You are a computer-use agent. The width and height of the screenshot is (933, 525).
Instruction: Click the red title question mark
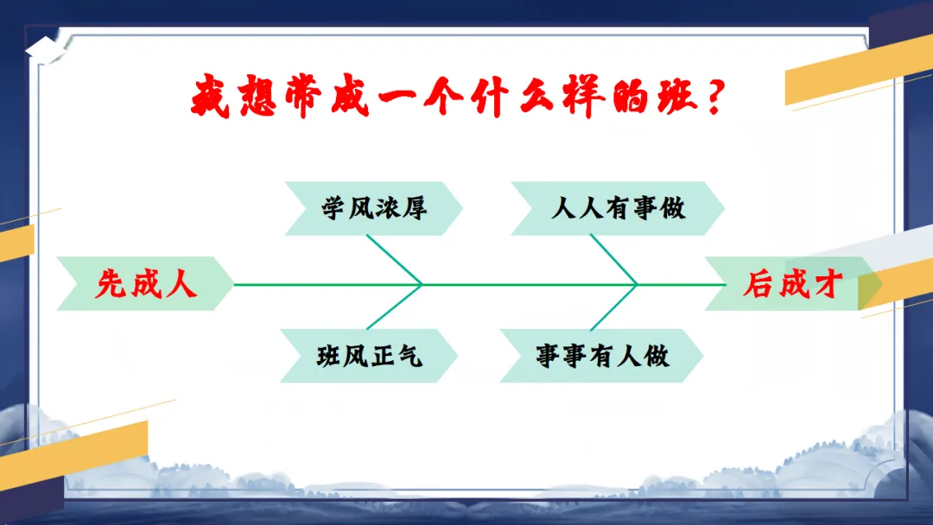(714, 97)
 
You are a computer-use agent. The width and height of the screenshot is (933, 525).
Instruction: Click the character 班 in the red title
(676, 96)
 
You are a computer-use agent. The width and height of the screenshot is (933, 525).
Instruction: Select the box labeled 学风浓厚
(373, 208)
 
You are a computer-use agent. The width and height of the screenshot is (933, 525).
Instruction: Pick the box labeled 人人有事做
(617, 208)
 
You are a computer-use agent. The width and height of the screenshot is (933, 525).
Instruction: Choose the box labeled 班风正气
(369, 356)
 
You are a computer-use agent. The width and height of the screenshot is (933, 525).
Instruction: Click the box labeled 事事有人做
(601, 356)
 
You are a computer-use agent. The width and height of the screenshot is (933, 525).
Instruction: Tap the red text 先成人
(146, 283)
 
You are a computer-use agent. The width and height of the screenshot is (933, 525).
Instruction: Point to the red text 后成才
(792, 283)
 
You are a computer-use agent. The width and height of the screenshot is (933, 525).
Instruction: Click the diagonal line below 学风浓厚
(394, 260)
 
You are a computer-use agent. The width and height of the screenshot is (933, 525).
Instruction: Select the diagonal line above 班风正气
(394, 307)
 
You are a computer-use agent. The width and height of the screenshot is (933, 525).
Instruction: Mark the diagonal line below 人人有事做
(613, 259)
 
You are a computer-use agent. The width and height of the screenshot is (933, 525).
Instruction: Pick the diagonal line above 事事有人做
(613, 307)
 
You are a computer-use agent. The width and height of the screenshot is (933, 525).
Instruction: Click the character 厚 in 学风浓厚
(414, 208)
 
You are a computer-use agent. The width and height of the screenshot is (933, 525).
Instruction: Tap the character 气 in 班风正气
(409, 356)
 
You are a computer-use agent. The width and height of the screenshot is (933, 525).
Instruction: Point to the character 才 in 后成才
(828, 283)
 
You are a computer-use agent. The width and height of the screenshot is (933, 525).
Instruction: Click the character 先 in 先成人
(111, 283)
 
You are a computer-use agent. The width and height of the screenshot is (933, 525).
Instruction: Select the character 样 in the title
(584, 96)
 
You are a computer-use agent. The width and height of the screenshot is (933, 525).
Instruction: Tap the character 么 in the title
(538, 96)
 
